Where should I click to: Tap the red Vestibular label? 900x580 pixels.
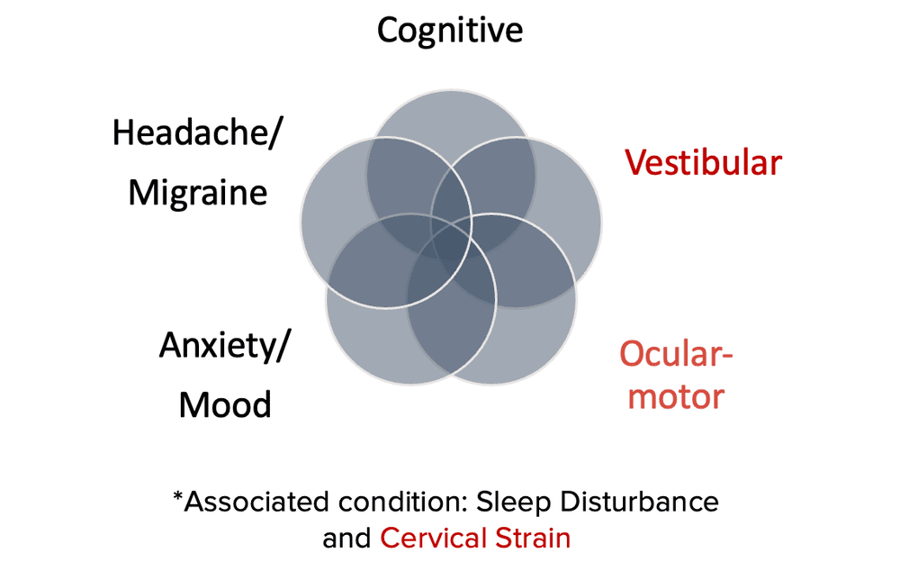coord(704,163)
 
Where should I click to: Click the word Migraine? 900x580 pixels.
coord(198,192)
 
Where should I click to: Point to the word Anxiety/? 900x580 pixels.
coord(225,346)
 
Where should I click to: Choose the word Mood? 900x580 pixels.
coord(225,404)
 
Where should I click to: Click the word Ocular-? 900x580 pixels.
coord(676,352)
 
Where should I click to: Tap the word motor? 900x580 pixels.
coord(676,395)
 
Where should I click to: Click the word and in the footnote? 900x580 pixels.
coord(346,539)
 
